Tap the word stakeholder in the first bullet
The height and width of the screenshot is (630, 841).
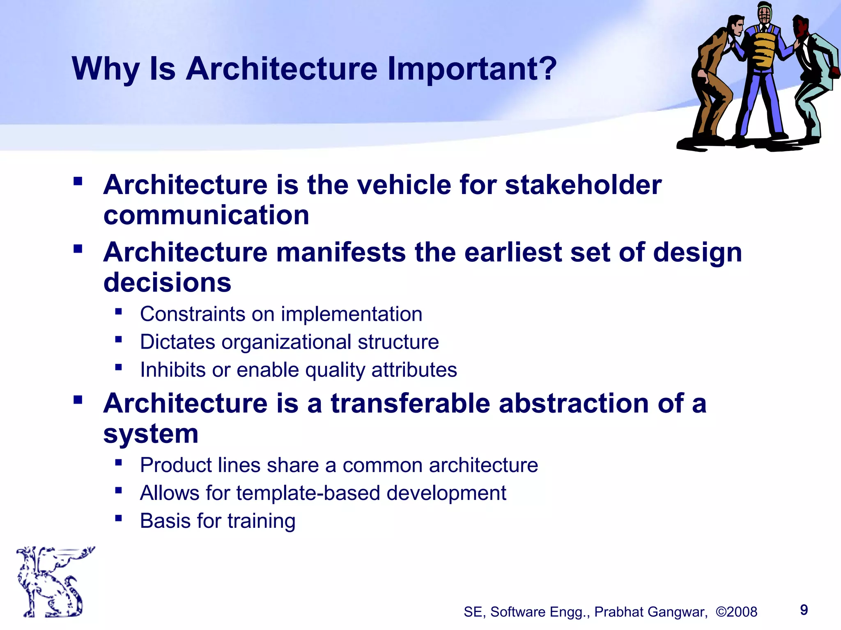583,185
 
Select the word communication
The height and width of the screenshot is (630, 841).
206,215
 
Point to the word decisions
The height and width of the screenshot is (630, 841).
167,283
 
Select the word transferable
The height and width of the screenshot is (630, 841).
410,403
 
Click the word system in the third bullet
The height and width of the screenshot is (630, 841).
151,434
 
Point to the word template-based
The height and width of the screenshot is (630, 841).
308,493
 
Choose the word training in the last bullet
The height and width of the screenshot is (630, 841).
261,521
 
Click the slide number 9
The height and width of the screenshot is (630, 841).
804,610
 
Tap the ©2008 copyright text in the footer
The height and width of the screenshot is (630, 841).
736,612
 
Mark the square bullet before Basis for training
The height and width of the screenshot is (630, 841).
119,518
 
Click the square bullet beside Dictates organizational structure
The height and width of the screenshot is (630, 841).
119,339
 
